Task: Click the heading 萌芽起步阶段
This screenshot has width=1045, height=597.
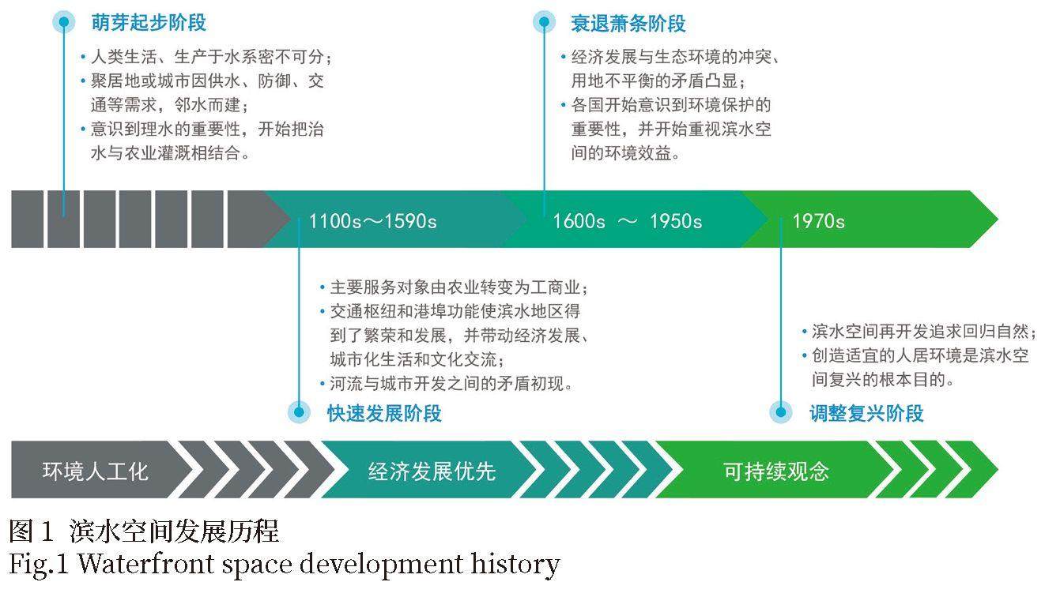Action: [149, 22]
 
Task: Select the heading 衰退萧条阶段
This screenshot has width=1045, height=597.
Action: [628, 24]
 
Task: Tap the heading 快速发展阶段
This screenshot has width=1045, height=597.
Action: [384, 413]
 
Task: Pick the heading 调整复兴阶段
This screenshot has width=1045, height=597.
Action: [866, 413]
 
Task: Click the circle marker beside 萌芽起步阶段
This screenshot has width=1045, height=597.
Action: [64, 22]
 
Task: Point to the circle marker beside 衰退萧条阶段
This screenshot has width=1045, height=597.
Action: [544, 22]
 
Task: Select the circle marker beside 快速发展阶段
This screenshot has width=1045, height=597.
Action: [299, 412]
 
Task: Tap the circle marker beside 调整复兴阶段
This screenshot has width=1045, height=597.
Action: [780, 412]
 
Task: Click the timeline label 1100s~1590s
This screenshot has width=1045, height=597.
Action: [373, 221]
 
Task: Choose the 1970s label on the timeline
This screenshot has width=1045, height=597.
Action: [819, 221]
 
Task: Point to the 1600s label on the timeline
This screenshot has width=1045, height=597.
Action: [579, 221]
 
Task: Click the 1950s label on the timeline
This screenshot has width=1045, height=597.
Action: [676, 221]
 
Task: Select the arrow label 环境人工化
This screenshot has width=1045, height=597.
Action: [96, 471]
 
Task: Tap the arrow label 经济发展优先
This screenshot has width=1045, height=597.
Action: [432, 471]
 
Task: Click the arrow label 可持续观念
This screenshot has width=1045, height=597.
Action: [776, 471]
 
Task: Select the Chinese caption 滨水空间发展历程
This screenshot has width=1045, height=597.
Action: [174, 531]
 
